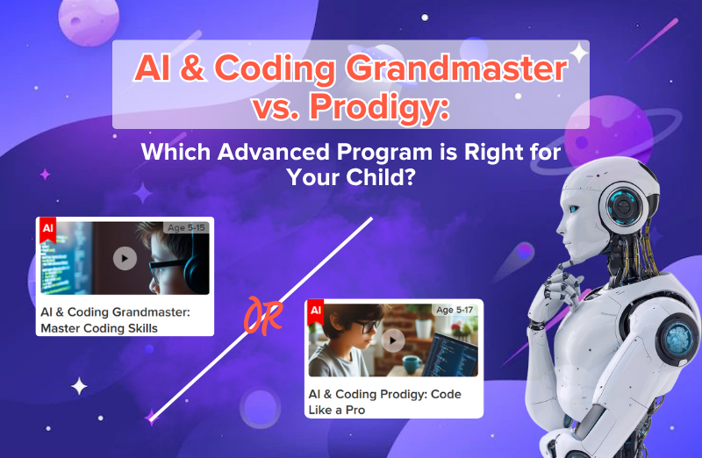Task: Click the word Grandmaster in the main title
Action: point(455,68)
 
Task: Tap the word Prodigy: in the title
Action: point(379,107)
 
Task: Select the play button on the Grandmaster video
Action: point(125,258)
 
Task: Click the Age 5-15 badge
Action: point(186,227)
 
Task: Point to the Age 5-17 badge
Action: point(455,310)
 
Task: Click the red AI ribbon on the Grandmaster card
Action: point(48,230)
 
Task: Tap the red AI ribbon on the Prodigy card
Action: point(316,312)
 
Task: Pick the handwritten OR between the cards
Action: point(262,316)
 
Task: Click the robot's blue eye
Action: point(574,209)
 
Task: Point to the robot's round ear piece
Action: point(623,206)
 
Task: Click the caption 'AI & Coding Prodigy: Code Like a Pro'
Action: point(385,402)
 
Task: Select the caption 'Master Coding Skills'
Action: point(99,328)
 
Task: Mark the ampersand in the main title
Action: point(192,68)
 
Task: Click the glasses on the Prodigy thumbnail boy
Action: point(363,326)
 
